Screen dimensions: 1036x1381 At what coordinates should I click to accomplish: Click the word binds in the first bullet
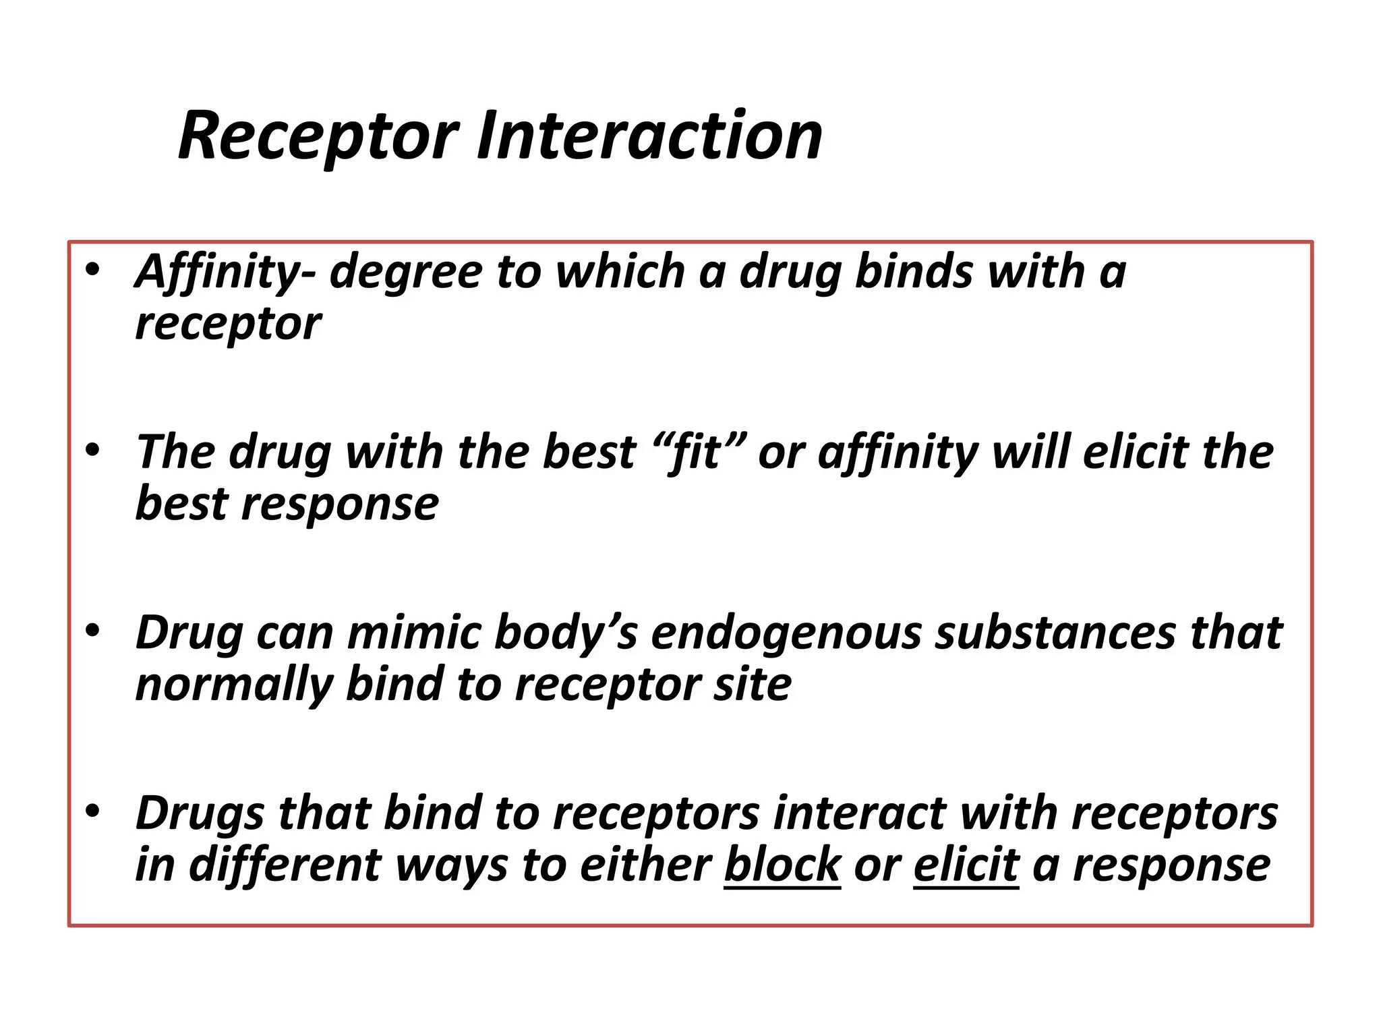click(914, 271)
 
